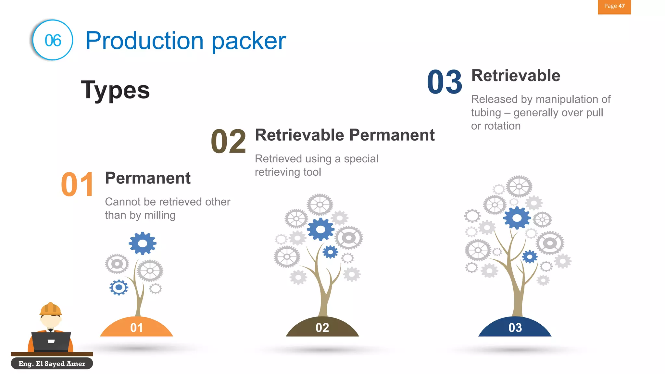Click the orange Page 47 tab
click(x=614, y=6)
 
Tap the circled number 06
click(x=53, y=40)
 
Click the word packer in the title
click(x=249, y=41)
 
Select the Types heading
click(x=115, y=90)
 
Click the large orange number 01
click(x=77, y=184)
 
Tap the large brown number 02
click(x=228, y=142)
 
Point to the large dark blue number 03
click(x=445, y=82)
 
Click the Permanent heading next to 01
click(x=148, y=178)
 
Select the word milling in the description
click(x=160, y=215)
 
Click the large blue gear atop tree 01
click(x=143, y=243)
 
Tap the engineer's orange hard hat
click(x=50, y=309)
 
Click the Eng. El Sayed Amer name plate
click(x=52, y=364)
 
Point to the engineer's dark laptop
click(x=51, y=341)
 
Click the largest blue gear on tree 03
click(x=517, y=218)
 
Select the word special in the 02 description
click(x=361, y=159)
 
